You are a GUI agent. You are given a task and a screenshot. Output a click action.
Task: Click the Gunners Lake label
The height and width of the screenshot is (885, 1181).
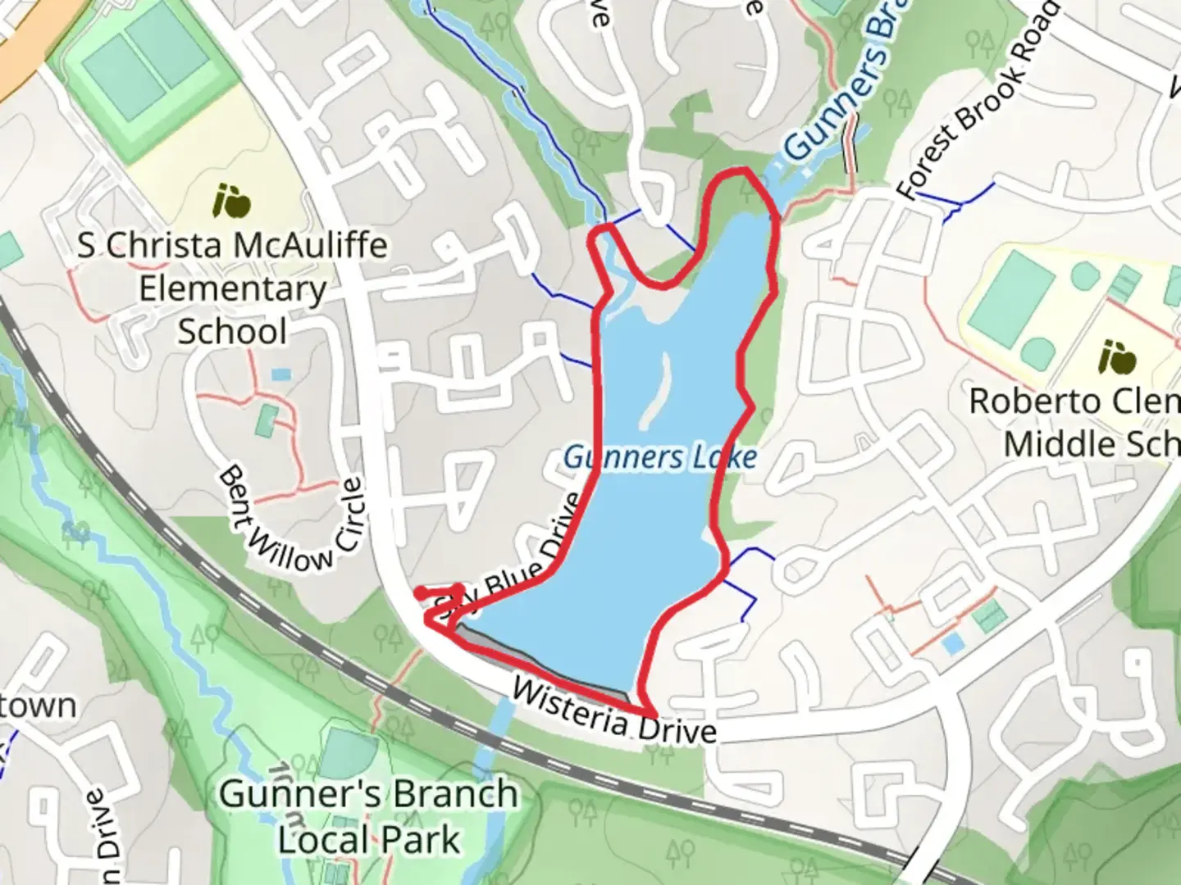[659, 457]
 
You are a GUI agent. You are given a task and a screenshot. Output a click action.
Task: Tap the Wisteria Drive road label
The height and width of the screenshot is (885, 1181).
[613, 711]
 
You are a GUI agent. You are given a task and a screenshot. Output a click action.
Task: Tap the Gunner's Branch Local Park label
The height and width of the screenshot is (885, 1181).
[369, 816]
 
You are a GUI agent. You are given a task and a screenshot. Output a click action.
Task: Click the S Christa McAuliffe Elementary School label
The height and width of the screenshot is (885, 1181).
[233, 288]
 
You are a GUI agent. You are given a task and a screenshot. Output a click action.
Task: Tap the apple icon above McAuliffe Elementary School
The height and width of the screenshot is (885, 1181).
[232, 201]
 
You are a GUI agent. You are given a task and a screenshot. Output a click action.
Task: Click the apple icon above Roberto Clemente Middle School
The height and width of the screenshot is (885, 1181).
[1119, 358]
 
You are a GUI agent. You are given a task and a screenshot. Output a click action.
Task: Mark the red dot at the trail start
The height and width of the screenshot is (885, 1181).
[420, 592]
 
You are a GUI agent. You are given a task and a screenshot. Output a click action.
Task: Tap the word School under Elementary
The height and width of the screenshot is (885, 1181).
[233, 332]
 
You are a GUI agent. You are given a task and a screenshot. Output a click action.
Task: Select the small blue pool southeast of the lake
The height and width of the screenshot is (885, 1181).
[952, 644]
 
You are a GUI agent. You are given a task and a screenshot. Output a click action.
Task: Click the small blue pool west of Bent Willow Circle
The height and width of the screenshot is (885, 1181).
[280, 374]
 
